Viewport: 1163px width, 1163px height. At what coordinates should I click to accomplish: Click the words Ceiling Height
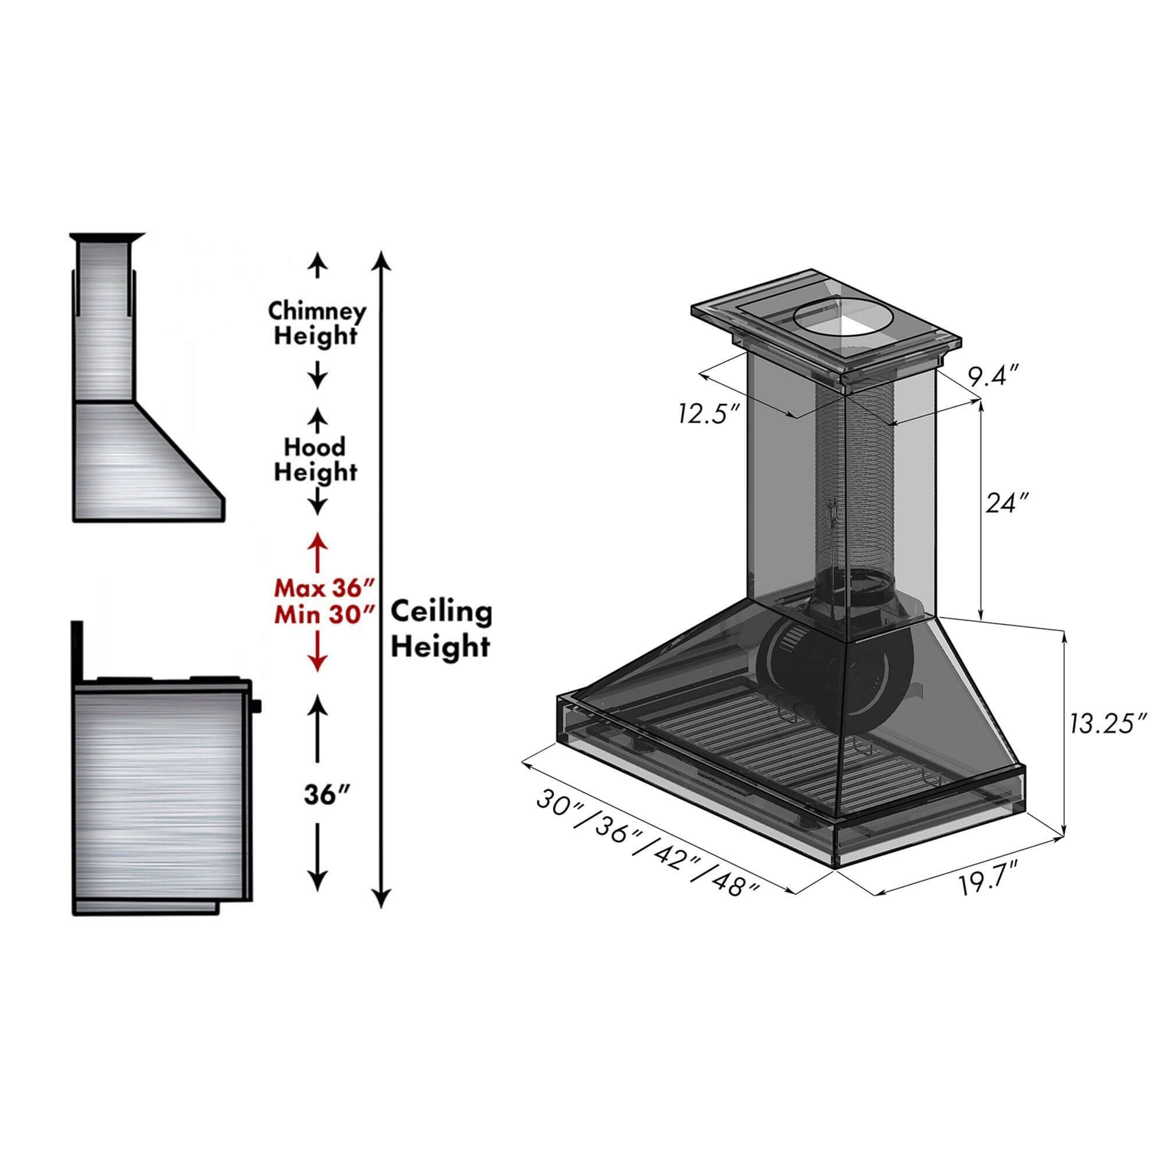(441, 630)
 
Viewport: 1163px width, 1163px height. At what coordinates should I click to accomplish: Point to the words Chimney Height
(317, 323)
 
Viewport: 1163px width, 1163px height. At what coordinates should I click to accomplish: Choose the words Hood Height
(315, 459)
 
